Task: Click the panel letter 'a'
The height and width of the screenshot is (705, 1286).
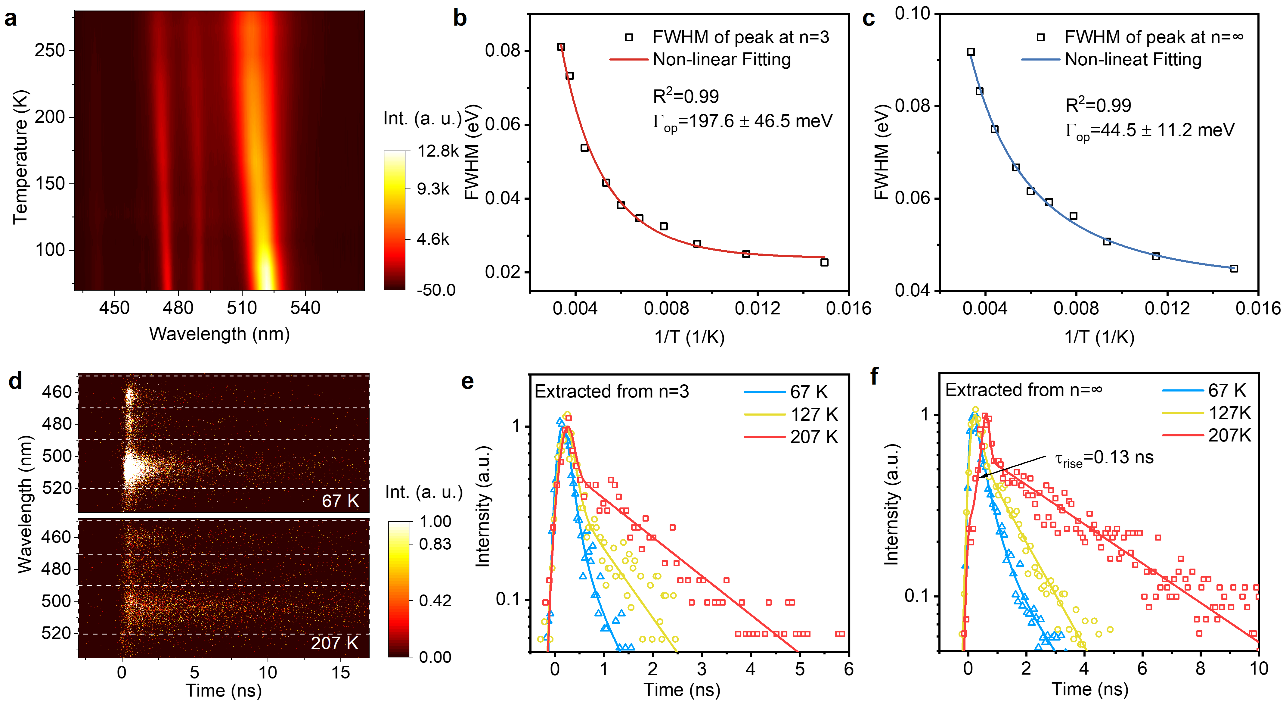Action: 11,19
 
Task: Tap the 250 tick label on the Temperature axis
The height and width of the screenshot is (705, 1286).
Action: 50,51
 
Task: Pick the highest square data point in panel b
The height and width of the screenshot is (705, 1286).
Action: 561,47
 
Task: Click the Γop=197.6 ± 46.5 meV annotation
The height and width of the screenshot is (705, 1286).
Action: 742,121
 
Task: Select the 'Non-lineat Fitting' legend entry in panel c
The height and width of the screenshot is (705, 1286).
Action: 1133,59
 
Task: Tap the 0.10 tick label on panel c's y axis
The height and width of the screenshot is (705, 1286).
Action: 912,14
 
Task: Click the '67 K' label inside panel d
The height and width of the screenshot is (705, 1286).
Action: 340,501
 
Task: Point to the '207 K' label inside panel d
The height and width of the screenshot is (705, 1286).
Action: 334,643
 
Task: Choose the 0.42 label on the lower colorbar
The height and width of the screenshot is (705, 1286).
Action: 435,600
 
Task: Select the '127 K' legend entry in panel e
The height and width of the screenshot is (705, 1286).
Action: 814,414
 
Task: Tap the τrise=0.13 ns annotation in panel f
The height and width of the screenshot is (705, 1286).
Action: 1104,458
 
